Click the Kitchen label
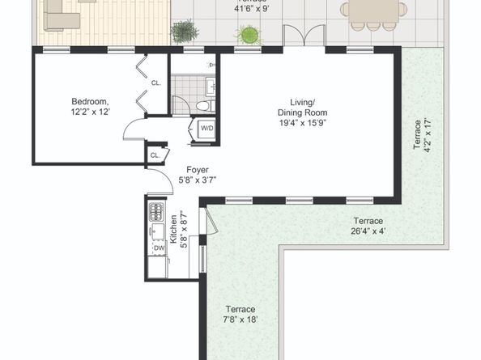[x=173, y=229]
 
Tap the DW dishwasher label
[x=159, y=248]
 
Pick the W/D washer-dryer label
[x=206, y=128]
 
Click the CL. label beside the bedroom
[x=156, y=83]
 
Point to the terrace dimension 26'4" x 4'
[x=367, y=230]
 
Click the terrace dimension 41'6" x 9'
[x=250, y=9]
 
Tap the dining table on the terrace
[x=373, y=10]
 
